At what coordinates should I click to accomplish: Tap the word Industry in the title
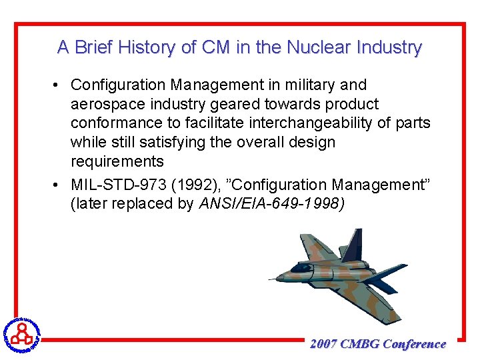pos(389,48)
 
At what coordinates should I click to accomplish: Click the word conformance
pos(115,123)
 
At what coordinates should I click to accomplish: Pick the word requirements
pos(117,162)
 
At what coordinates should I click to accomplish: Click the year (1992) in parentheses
pos(193,185)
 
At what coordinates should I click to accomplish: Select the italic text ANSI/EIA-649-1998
pos(272,204)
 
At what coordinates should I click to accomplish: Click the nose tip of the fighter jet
pos(271,279)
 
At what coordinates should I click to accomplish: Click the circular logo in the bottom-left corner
pos(21,333)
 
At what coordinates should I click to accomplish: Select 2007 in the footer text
pos(323,344)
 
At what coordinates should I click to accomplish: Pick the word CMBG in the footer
pos(360,344)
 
